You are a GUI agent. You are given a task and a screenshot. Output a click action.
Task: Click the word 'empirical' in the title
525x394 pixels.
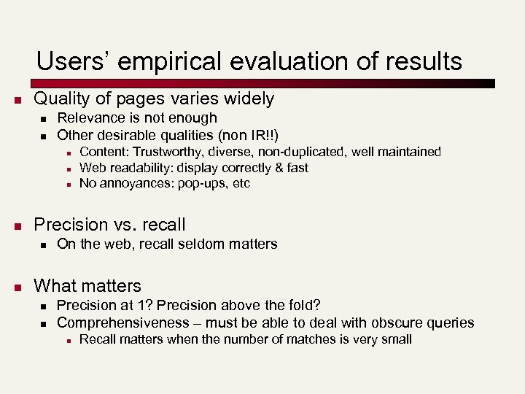point(160,61)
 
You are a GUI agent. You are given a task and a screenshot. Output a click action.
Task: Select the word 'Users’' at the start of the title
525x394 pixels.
point(69,61)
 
